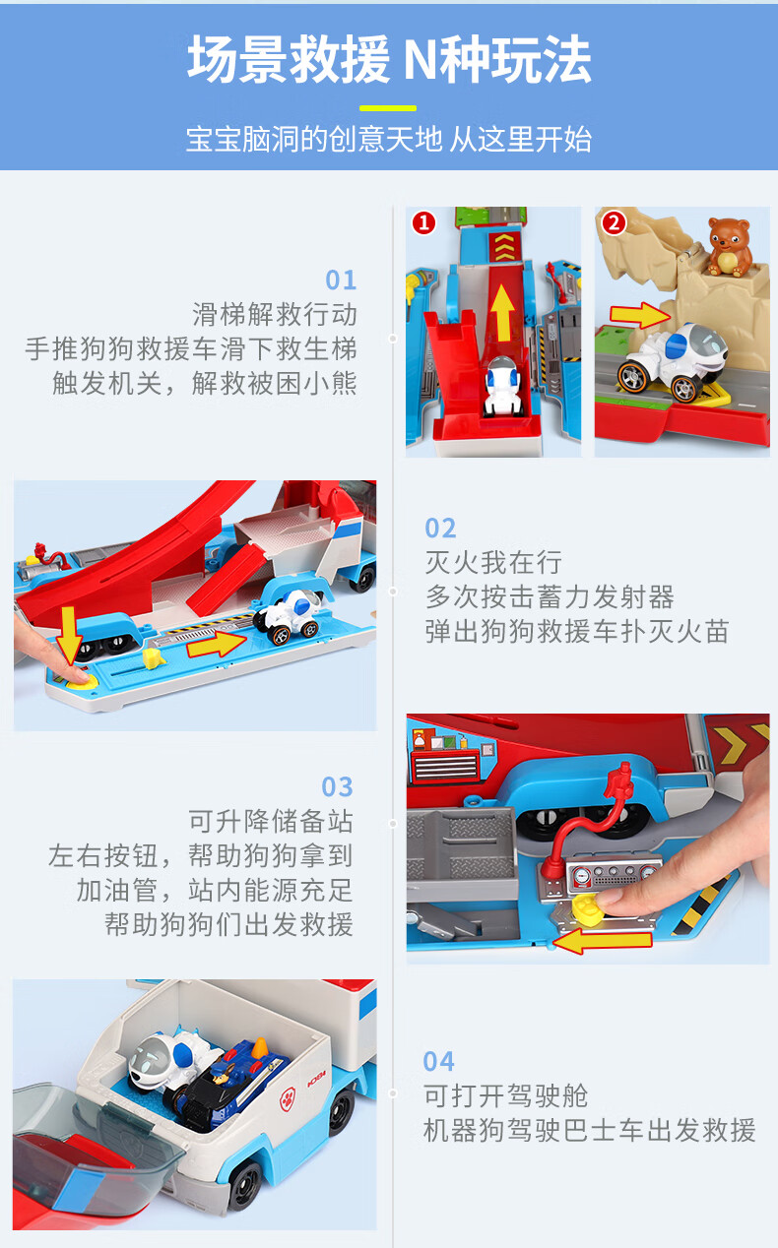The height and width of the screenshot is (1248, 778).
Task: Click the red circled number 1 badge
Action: click(x=423, y=223)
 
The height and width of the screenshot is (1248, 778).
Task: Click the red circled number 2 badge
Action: click(x=614, y=223)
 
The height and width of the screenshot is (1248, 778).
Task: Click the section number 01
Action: click(x=341, y=281)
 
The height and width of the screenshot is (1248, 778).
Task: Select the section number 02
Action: click(x=440, y=529)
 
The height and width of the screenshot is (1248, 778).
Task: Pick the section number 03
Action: click(x=337, y=787)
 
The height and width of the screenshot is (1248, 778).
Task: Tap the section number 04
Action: click(x=439, y=1062)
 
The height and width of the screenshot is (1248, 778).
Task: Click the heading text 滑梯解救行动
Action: click(x=275, y=315)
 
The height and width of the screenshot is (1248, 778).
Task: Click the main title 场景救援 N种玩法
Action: click(x=389, y=61)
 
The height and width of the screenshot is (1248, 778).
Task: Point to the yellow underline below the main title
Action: click(x=388, y=108)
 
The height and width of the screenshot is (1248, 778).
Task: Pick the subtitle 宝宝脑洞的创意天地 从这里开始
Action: click(x=389, y=140)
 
